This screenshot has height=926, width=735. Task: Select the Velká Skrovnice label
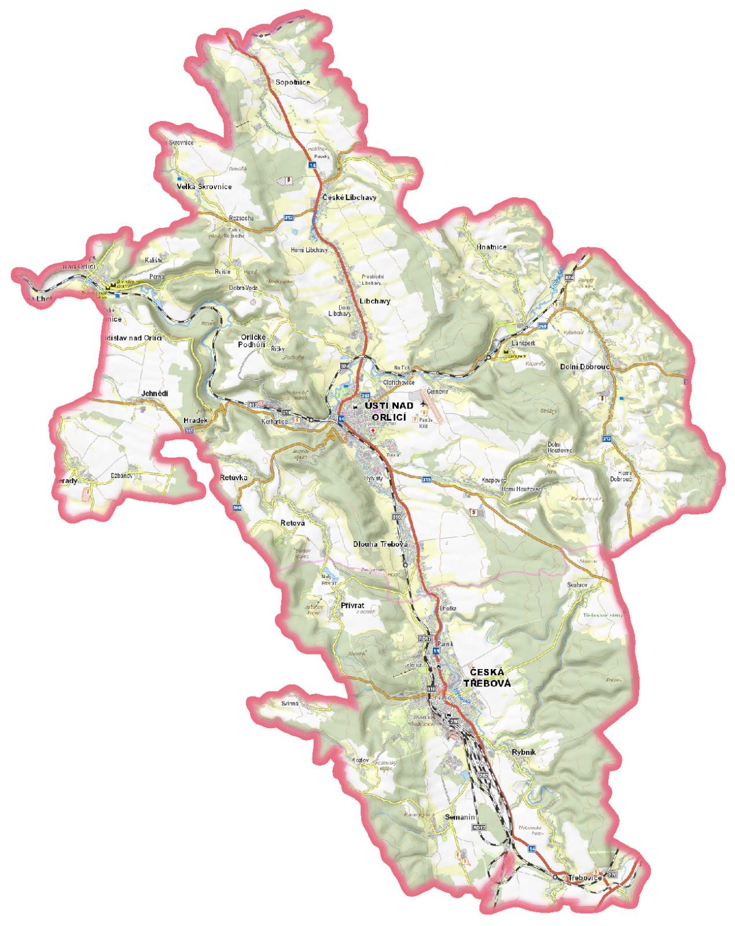coord(204,186)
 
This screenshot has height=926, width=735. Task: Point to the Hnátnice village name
coord(491,247)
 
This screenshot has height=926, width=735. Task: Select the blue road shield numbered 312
coord(289,218)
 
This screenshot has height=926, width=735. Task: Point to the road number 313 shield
coord(607,438)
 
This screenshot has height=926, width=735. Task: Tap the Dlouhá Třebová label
coord(381,545)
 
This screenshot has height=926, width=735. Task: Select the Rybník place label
coord(524,752)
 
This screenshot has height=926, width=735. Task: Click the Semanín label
coord(460,817)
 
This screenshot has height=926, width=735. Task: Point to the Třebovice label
coord(585,878)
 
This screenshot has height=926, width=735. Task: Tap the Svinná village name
coord(290,703)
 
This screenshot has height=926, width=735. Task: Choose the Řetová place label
coord(292,523)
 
